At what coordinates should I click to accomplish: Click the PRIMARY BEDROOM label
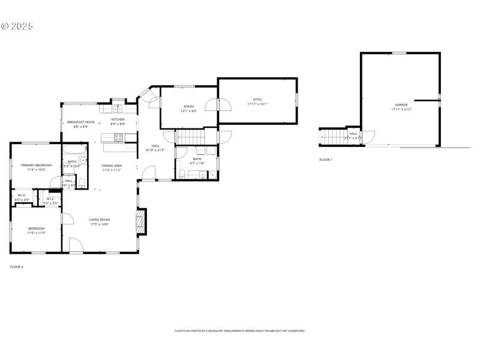[36, 165]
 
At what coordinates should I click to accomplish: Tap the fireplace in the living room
[140, 221]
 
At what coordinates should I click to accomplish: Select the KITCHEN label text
[118, 120]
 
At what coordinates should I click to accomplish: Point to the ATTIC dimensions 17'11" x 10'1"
[257, 104]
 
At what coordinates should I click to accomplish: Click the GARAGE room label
[401, 105]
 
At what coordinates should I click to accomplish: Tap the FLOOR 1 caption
[325, 160]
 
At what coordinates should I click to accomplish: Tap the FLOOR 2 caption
[17, 266]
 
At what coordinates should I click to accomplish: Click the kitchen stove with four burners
[119, 137]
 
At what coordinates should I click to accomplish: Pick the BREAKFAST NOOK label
[81, 122]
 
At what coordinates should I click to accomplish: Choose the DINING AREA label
[112, 165]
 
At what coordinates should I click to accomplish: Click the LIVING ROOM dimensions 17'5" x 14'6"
[100, 224]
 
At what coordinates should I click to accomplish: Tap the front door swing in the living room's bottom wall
[76, 245]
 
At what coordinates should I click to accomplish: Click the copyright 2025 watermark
[17, 26]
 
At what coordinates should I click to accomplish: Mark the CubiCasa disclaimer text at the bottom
[240, 331]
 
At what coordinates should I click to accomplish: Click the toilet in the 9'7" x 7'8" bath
[182, 174]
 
